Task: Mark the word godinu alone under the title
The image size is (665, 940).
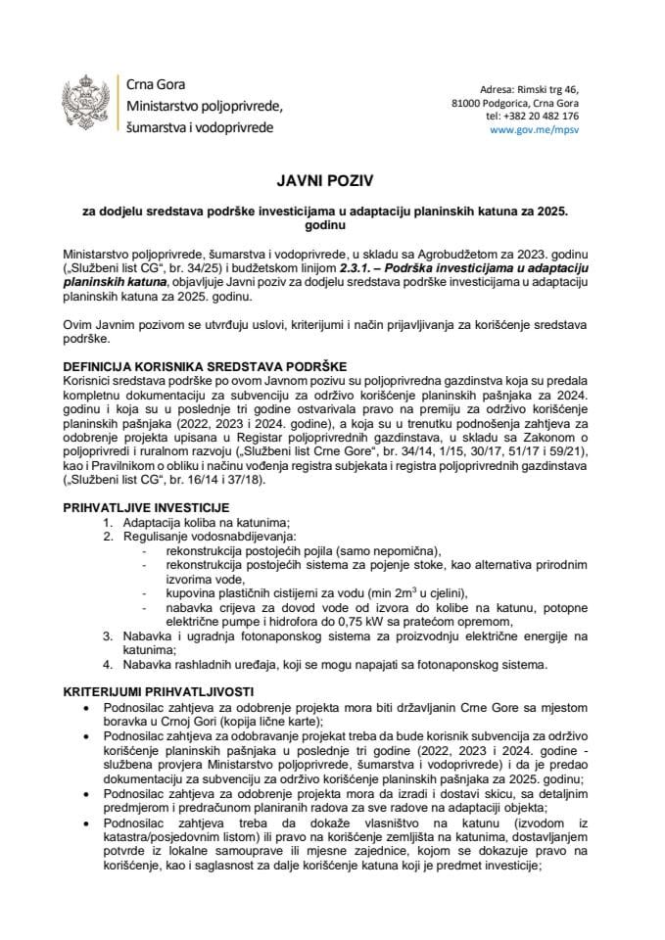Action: pos(332,223)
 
